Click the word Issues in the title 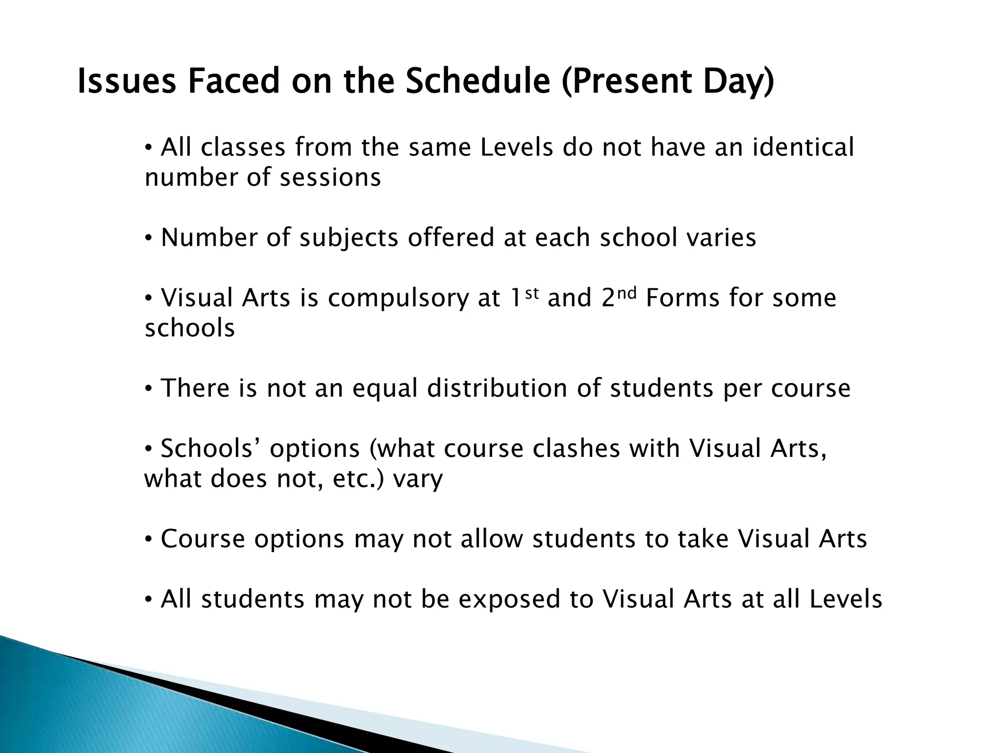[x=126, y=81]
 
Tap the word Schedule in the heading [x=478, y=81]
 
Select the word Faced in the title [x=232, y=81]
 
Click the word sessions [x=330, y=177]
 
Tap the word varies [x=720, y=238]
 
